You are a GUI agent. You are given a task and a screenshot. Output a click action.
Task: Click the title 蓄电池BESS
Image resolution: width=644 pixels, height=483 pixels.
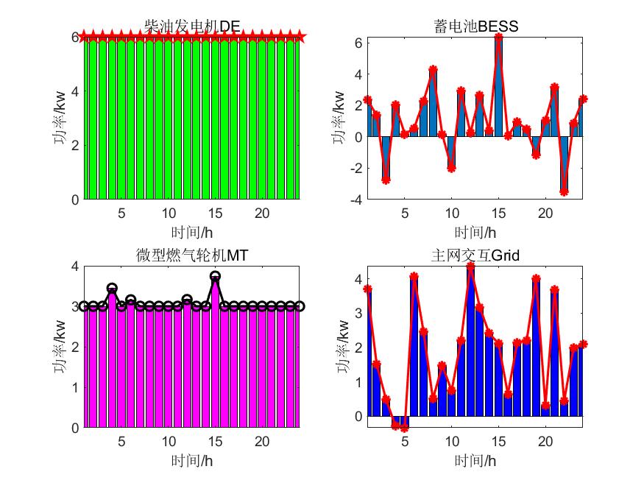click(x=475, y=27)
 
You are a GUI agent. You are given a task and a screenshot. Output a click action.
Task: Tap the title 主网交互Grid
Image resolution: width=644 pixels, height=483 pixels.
click(x=475, y=255)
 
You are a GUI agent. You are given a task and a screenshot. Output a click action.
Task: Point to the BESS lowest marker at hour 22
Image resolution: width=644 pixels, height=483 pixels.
click(x=564, y=191)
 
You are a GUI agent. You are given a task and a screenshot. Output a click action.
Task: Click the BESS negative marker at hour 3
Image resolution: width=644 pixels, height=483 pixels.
click(x=386, y=180)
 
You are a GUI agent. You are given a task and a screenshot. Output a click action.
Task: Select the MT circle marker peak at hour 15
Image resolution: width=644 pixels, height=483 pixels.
click(x=215, y=276)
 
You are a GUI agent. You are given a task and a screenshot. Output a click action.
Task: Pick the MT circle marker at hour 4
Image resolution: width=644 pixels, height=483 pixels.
click(x=112, y=289)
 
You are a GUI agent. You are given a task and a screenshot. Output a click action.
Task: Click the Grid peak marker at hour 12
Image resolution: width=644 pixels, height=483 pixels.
click(x=470, y=266)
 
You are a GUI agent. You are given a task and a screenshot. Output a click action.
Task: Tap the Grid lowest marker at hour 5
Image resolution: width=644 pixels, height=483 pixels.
click(x=404, y=428)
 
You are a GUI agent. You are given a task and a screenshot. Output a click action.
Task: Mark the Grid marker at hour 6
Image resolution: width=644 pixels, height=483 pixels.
click(x=414, y=277)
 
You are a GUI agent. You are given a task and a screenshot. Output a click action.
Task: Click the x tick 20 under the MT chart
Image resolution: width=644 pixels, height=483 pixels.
click(x=261, y=441)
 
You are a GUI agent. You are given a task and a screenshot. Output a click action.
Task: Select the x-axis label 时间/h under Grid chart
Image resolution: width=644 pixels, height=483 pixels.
click(x=475, y=461)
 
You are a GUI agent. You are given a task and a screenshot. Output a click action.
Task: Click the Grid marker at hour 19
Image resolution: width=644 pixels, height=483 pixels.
click(x=536, y=279)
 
